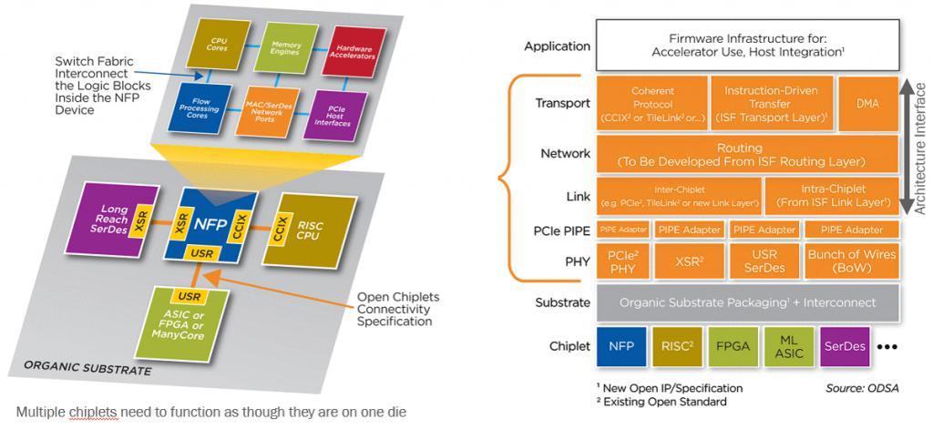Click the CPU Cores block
pos(219,44)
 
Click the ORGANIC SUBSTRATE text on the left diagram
pos(87,370)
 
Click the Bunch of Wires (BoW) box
pos(851,261)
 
